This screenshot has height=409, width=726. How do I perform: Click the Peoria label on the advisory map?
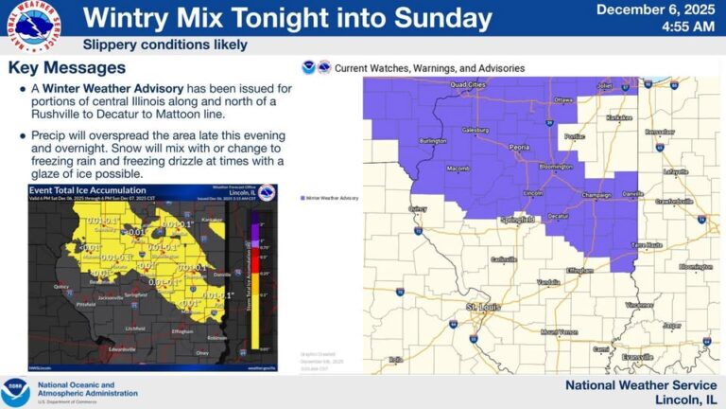(493, 148)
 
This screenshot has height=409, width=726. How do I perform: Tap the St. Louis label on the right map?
(480, 308)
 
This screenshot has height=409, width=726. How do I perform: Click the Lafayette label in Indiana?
(676, 171)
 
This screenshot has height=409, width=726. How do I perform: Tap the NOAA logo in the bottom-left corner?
(15, 392)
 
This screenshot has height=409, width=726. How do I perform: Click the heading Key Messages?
(66, 68)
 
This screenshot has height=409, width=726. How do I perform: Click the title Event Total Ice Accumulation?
(75, 189)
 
